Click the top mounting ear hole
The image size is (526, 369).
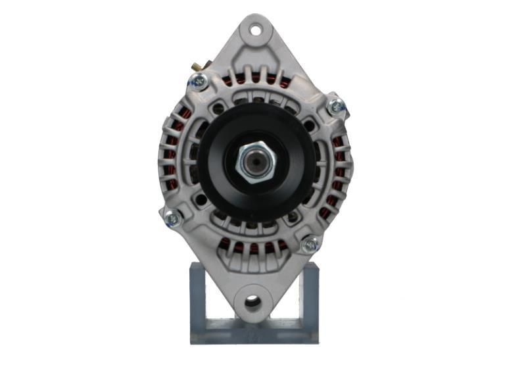(254, 29)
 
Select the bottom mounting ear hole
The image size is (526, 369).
(252, 302)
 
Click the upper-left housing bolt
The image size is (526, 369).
(198, 81)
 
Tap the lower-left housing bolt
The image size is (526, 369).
(172, 217)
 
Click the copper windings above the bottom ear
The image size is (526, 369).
(253, 247)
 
